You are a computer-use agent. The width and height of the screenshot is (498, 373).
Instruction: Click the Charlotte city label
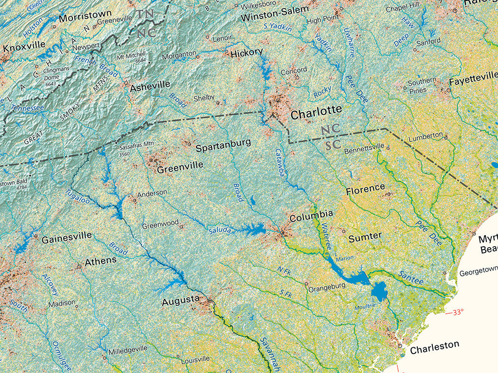[x=316, y=111]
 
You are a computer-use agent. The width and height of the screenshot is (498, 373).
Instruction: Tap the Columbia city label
[x=311, y=216]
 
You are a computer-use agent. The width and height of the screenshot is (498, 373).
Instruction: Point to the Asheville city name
[x=150, y=86]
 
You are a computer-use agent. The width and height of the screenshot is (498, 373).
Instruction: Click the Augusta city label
[x=180, y=301]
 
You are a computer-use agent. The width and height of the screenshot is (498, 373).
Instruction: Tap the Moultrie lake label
[x=365, y=305]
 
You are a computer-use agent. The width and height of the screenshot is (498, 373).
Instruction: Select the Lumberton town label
[x=426, y=135]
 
